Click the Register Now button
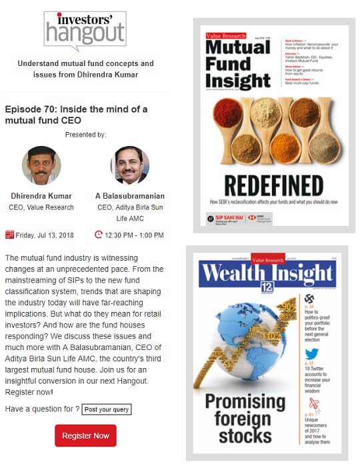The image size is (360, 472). (x=85, y=435)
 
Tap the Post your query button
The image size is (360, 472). (x=107, y=409)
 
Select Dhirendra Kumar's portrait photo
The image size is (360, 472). (x=41, y=165)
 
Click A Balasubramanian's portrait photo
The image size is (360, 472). (x=129, y=165)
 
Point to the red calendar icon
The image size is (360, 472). (x=9, y=234)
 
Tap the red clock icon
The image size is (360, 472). (x=99, y=234)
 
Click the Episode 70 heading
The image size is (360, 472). (x=75, y=115)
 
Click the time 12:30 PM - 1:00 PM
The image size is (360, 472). (x=135, y=235)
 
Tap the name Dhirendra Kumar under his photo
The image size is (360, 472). (x=41, y=197)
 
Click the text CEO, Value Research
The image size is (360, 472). (x=41, y=207)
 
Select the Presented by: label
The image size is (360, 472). (x=85, y=135)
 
